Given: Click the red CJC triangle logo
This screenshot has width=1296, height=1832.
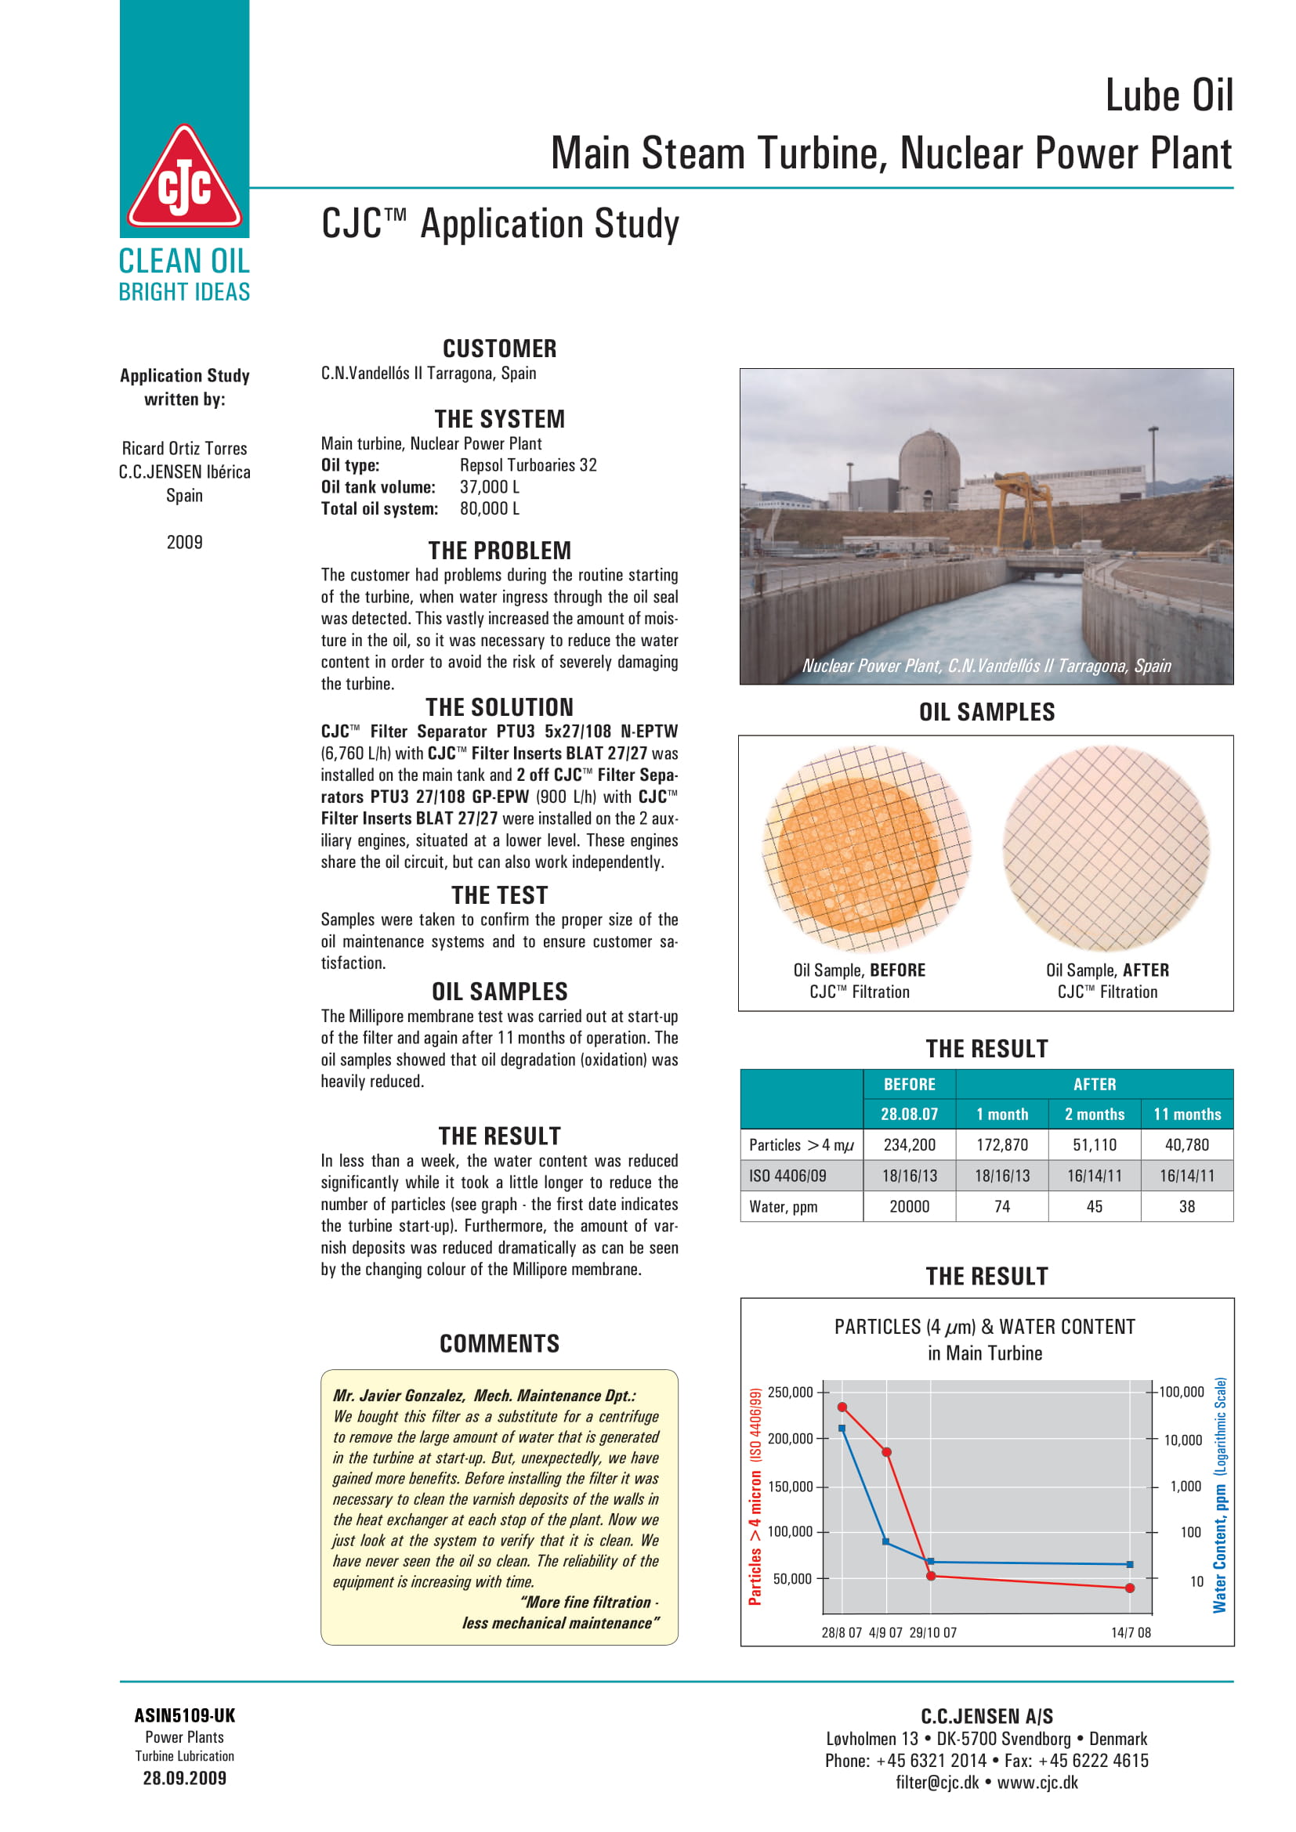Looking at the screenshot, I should point(184,179).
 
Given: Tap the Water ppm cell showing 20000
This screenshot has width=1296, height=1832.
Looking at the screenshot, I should point(909,1206).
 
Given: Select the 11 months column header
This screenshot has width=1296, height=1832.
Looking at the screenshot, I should point(1186,1114).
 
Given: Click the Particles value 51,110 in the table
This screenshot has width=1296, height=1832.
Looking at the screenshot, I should point(1094,1145).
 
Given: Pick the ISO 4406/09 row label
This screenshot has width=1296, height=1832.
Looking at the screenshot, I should point(787,1176).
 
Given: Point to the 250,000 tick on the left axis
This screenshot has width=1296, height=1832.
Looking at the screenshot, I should point(790,1393).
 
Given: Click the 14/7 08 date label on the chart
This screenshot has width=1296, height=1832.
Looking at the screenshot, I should point(1131,1632).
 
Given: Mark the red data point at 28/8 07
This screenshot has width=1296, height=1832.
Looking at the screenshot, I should point(842,1407).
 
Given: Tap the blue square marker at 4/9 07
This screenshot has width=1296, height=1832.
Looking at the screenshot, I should point(886,1541).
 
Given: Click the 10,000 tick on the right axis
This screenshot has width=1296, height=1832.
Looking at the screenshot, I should point(1182,1440).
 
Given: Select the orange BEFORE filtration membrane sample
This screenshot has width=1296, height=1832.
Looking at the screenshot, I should point(866,849).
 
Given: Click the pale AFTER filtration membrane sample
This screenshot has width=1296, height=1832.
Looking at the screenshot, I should point(1106,849).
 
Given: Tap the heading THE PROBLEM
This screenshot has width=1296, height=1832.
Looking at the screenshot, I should point(500,551).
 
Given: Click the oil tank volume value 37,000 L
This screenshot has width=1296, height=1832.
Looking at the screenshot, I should point(489,486).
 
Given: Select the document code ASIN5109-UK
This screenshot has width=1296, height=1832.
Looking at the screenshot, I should point(184,1715).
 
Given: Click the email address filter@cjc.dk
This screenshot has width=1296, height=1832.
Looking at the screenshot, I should point(937,1783).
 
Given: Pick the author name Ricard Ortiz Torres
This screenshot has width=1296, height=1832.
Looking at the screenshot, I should point(184,449).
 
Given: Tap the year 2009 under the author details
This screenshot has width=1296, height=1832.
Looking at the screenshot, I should point(184,543).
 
